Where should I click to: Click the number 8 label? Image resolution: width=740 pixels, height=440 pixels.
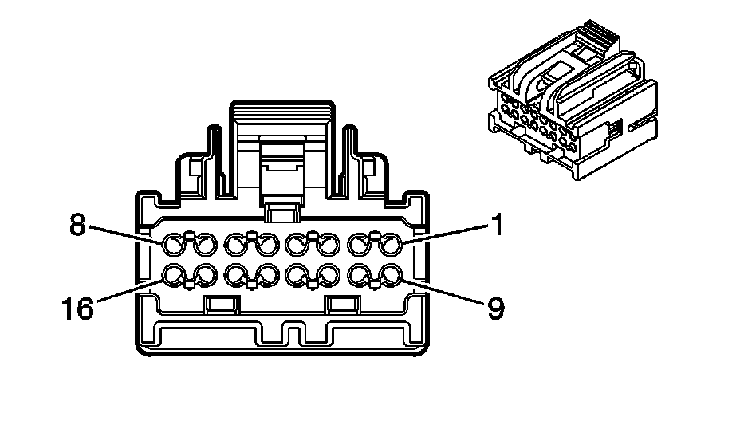point(77,225)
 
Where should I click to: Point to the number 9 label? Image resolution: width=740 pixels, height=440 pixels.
point(496,308)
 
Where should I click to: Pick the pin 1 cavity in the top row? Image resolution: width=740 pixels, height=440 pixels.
point(391,244)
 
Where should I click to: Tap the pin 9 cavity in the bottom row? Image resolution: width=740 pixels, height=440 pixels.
point(391,276)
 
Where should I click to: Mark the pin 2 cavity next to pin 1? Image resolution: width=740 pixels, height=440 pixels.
point(360,244)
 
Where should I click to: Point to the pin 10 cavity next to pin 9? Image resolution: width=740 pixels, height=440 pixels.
point(360,276)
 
